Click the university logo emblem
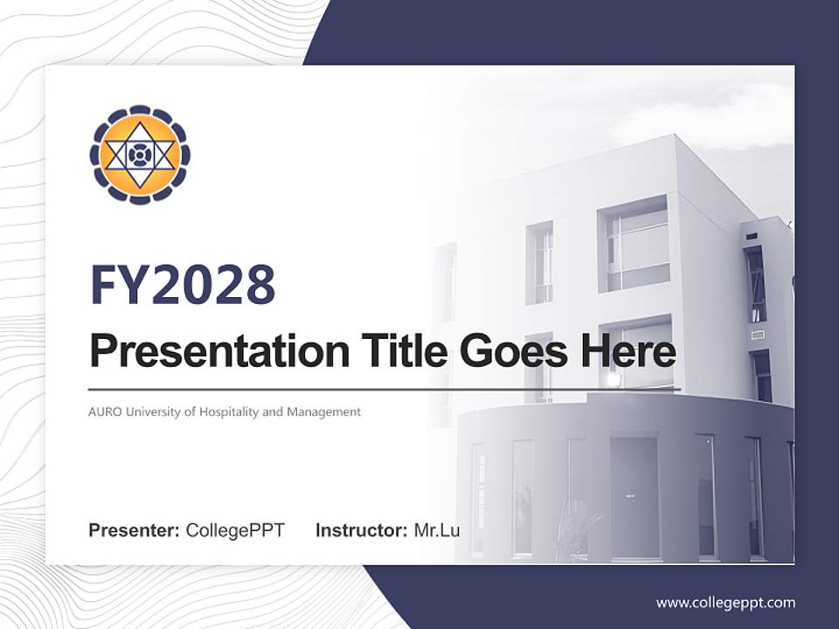tap(140, 156)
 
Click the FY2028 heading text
tap(183, 285)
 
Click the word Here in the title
tap(624, 351)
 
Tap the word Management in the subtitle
tap(323, 411)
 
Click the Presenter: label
tap(135, 530)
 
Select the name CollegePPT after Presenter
tap(235, 530)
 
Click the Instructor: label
tap(361, 530)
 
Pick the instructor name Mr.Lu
tap(436, 530)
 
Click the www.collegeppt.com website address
tap(725, 602)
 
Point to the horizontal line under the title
tap(385, 389)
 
